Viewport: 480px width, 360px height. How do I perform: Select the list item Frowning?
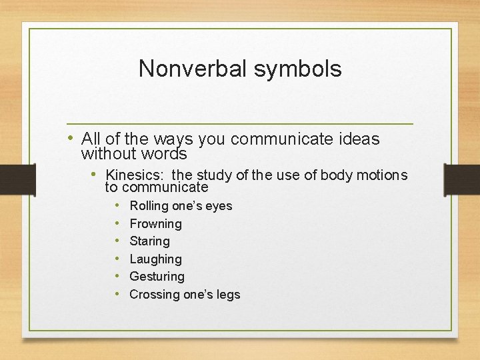(x=155, y=223)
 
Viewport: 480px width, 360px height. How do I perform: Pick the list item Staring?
(x=149, y=241)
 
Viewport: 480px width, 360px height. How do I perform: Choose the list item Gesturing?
(x=157, y=277)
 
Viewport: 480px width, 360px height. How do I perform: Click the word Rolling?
(x=149, y=206)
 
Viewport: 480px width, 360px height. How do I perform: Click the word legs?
(x=227, y=294)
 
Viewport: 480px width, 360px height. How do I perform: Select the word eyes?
(x=219, y=206)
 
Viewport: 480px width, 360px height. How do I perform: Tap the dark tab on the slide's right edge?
(x=462, y=179)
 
